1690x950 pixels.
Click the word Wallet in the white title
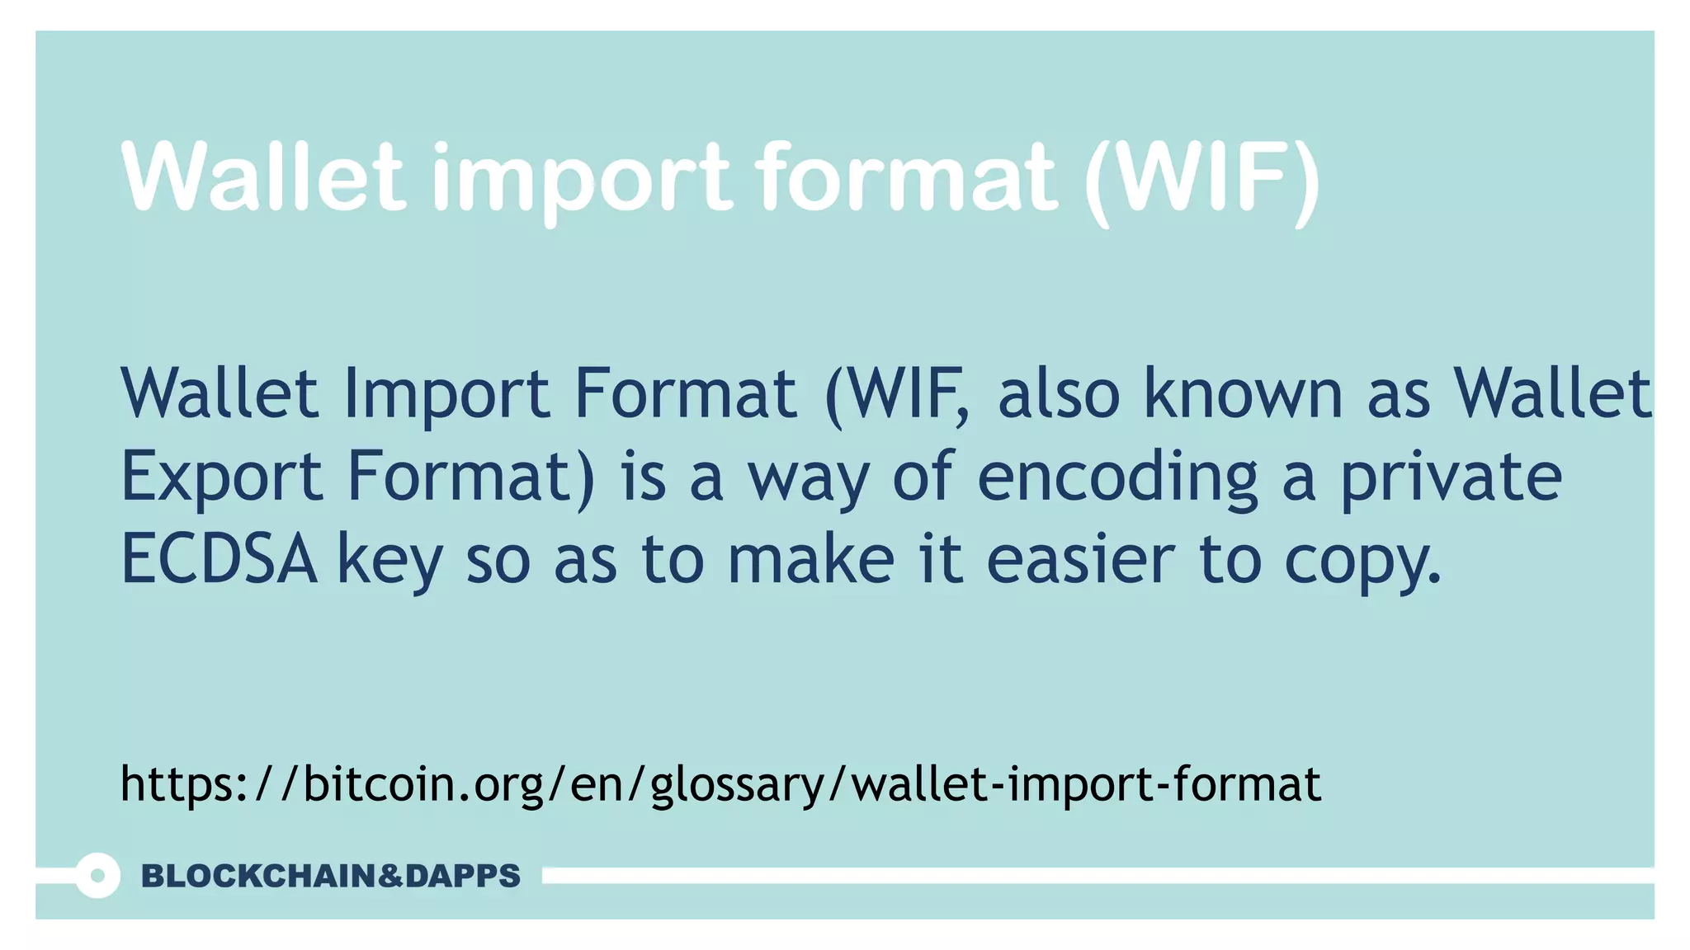pyautogui.click(x=263, y=176)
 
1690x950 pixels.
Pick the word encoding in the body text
pyautogui.click(x=1117, y=477)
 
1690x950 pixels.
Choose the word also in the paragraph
pyautogui.click(x=1059, y=393)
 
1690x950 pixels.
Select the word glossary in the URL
pyautogui.click(x=737, y=786)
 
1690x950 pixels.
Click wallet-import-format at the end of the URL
pyautogui.click(x=1086, y=783)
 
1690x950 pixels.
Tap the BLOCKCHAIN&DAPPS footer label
pyautogui.click(x=331, y=876)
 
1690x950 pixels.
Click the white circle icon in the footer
pyautogui.click(x=97, y=876)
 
